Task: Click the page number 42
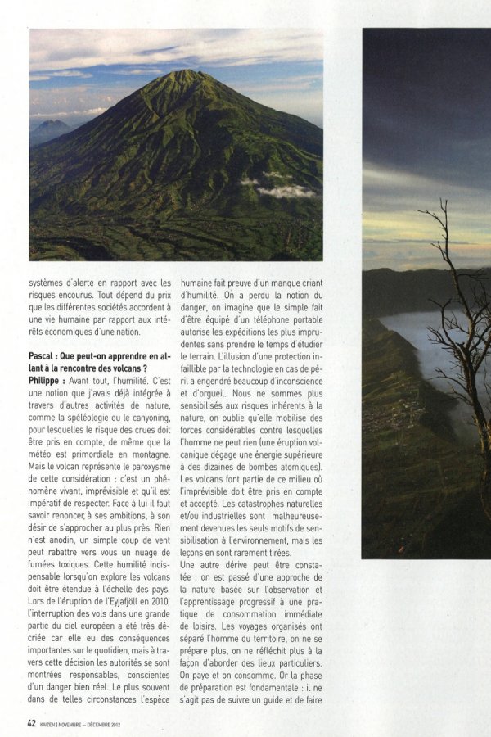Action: (x=31, y=722)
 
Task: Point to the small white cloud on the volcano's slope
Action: (x=286, y=191)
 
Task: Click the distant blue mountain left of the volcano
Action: (x=49, y=129)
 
